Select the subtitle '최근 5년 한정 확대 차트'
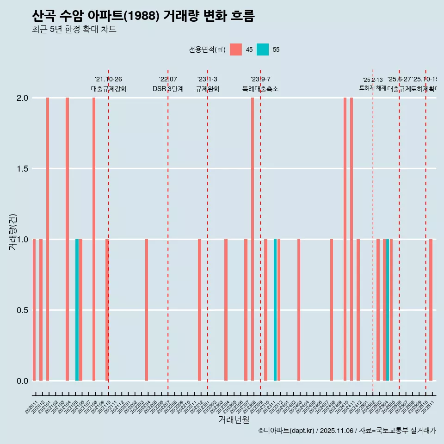tap(74, 30)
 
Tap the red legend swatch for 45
tap(236, 49)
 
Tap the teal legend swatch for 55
tap(263, 49)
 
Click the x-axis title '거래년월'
tap(234, 419)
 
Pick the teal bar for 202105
tap(77, 310)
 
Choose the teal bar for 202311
tap(275, 310)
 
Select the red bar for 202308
tap(253, 239)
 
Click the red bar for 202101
tap(48, 239)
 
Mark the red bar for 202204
tap(147, 310)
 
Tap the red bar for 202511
tap(431, 310)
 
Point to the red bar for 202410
tap(345, 239)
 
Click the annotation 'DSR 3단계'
tap(168, 89)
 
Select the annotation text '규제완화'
tap(207, 89)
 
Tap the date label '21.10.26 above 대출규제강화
tap(108, 80)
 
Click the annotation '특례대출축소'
tap(260, 89)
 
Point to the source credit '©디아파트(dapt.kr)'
tap(287, 431)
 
